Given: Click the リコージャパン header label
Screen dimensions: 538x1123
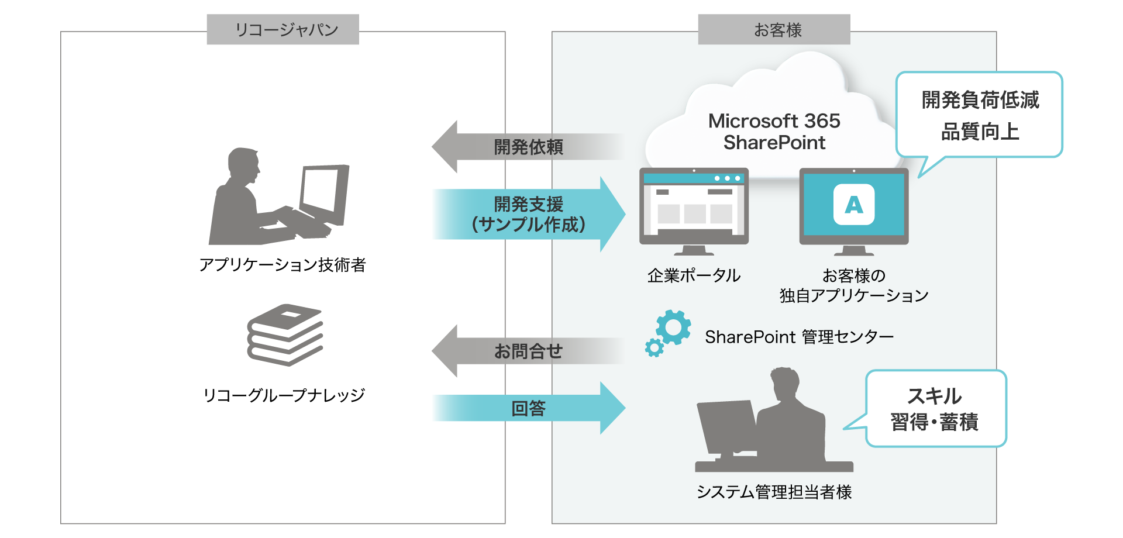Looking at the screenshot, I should coord(283,29).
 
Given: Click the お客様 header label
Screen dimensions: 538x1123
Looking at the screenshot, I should coord(774,29).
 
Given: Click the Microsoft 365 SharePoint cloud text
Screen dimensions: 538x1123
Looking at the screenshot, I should coord(774,132).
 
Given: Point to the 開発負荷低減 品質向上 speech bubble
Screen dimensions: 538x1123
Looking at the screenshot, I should coord(980,115).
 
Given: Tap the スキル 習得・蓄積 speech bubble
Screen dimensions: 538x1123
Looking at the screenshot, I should coord(935,409).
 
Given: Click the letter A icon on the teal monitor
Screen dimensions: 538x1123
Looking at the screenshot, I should coord(853,205).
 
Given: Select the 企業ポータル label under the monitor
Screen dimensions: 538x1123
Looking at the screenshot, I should coord(694,275).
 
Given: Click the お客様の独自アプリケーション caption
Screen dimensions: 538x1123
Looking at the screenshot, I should coord(853,285).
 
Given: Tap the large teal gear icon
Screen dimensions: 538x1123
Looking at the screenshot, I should coord(673,327).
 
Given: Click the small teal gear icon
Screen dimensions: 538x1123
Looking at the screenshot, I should coord(654,348).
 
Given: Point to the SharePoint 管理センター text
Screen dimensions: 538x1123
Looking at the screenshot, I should coord(799,337).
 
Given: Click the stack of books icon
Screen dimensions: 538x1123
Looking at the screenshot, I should coord(285,334).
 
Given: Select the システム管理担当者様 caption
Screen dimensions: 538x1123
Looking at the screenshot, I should coord(774,492).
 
